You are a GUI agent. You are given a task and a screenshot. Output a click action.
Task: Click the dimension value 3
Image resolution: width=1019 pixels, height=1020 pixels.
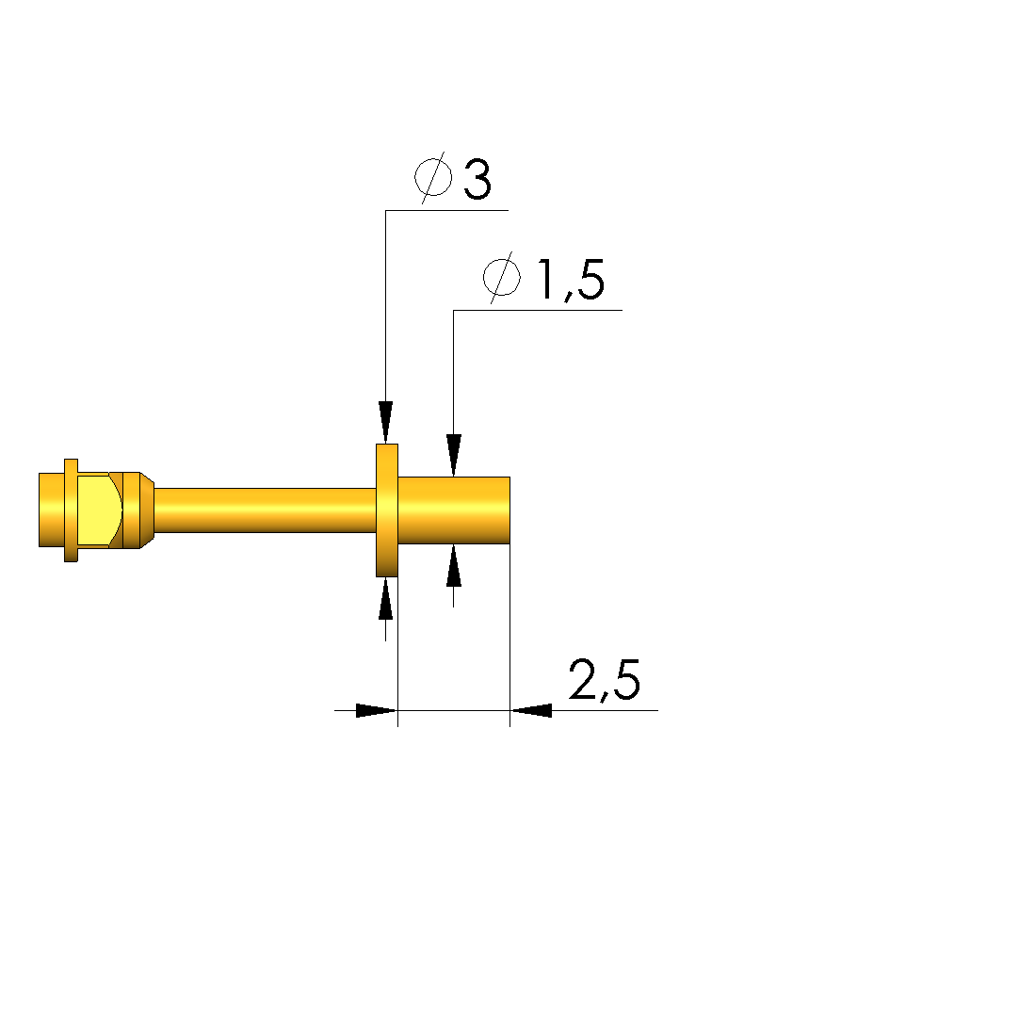[477, 179]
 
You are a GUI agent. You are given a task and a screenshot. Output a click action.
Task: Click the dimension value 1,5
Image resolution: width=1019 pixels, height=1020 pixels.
[572, 280]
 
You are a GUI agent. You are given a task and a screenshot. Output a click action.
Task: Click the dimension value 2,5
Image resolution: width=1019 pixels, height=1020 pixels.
[604, 680]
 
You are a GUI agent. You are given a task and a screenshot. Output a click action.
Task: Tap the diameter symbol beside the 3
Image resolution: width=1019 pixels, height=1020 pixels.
[434, 177]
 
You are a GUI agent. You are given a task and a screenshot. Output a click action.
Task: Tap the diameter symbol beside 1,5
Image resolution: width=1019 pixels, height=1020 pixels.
[502, 277]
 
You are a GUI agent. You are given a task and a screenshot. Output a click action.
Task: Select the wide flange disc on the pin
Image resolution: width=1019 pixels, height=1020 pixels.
[387, 510]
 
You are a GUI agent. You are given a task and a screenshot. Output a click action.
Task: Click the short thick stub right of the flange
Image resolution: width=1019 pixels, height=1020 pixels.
[454, 510]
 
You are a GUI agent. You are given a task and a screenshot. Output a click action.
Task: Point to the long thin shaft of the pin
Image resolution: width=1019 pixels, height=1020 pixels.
[265, 510]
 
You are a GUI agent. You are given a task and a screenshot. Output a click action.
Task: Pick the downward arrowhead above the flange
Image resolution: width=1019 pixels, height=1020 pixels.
[385, 422]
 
